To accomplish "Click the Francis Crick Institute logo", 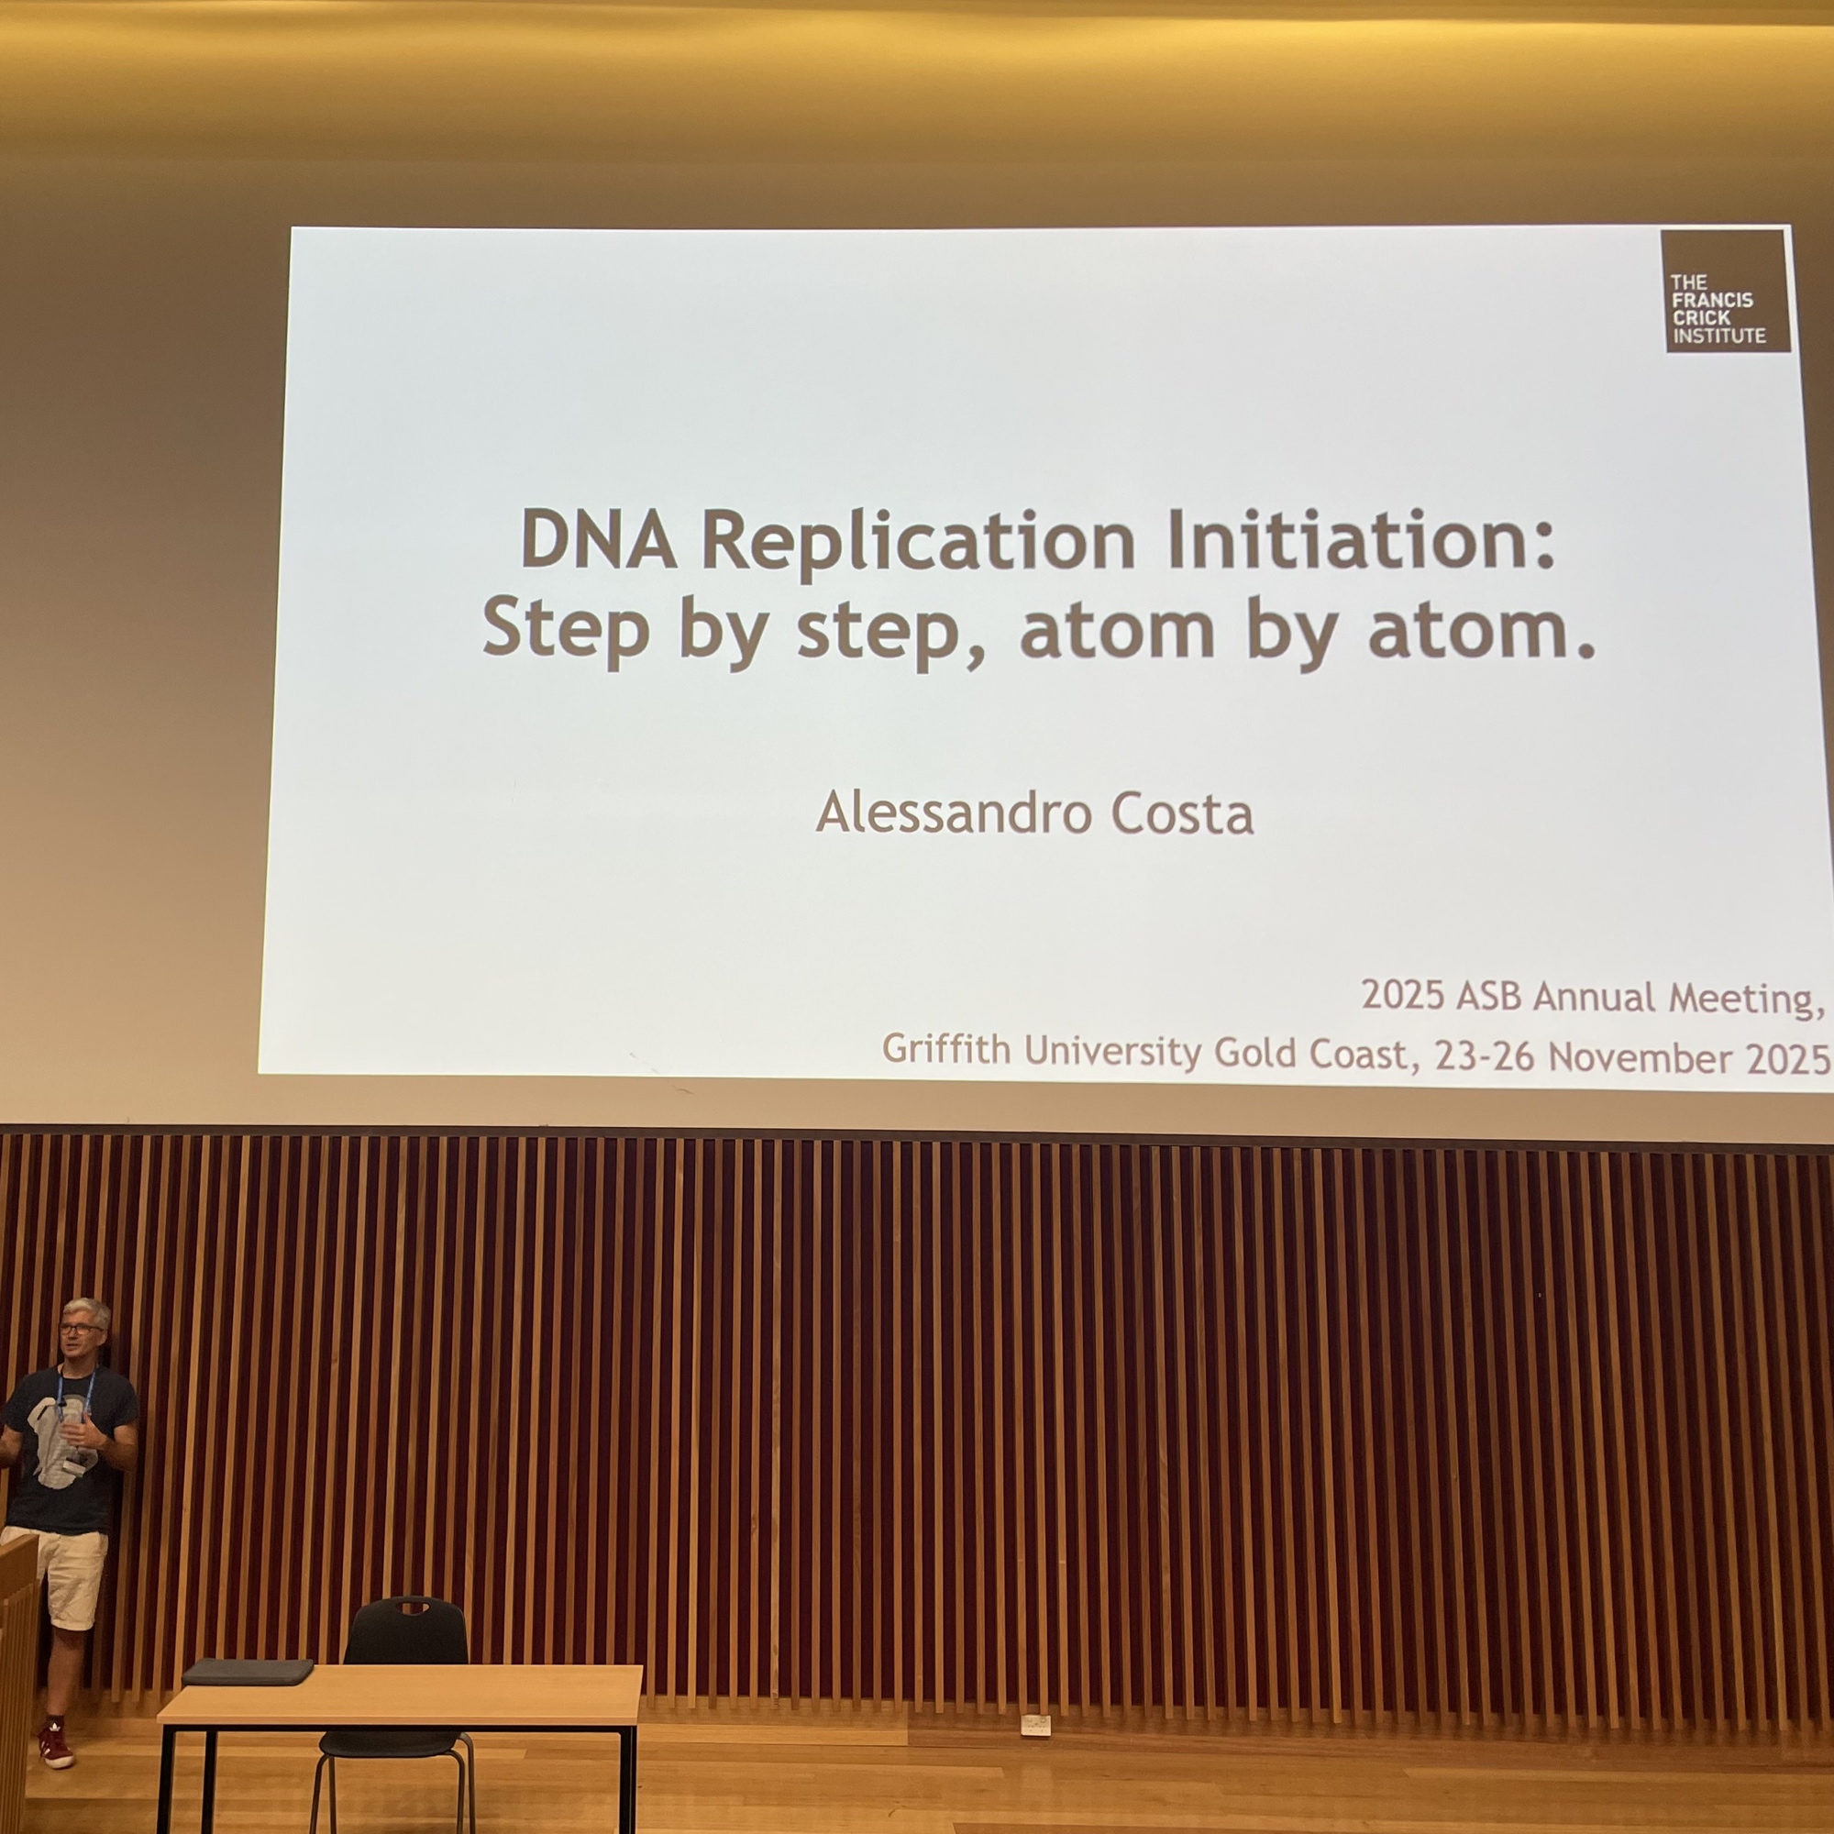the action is [x=1725, y=291].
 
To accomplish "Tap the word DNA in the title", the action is [x=598, y=538].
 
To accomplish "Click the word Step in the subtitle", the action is [x=566, y=629].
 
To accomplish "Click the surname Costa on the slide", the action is [x=1182, y=814].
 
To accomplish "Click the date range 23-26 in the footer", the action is [x=1484, y=1055].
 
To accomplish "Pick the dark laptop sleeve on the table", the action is [x=247, y=1673].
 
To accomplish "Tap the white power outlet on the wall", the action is [x=1034, y=1725].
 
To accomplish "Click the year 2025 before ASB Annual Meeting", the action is [x=1402, y=994].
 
